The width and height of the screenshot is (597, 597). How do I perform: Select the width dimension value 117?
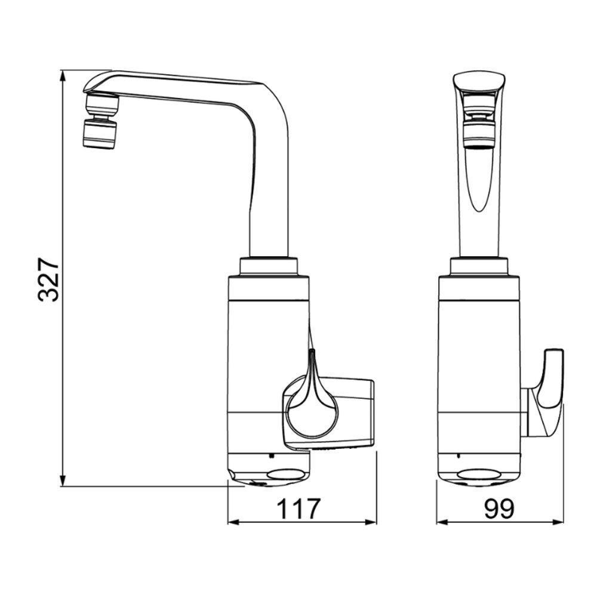tap(298, 508)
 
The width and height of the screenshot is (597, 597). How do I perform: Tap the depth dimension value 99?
tap(499, 508)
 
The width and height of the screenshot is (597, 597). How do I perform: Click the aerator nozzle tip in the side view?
tap(100, 133)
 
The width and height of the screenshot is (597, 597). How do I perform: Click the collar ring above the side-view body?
tap(268, 266)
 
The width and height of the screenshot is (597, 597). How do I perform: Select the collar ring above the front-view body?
tap(479, 266)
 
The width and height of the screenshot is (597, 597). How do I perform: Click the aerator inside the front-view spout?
tap(479, 128)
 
